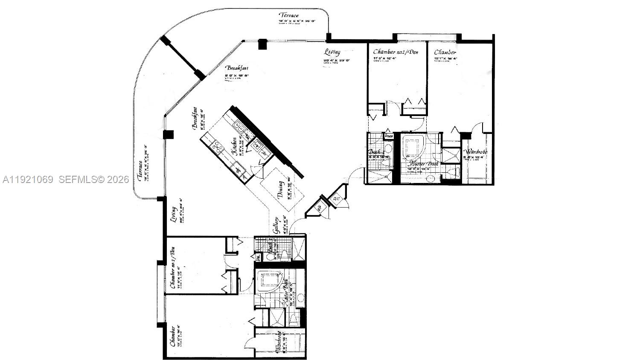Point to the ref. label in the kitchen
[x=238, y=169]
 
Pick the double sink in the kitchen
[x=238, y=127]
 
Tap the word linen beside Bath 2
[x=389, y=136]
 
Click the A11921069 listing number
[x=28, y=180]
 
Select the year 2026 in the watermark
[x=118, y=180]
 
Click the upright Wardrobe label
[x=476, y=152]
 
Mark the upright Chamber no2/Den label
[x=396, y=52]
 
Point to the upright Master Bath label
[x=423, y=163]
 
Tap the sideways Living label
[x=173, y=215]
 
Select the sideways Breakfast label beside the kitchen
[x=195, y=118]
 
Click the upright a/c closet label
[x=336, y=198]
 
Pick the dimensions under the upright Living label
[x=337, y=61]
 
